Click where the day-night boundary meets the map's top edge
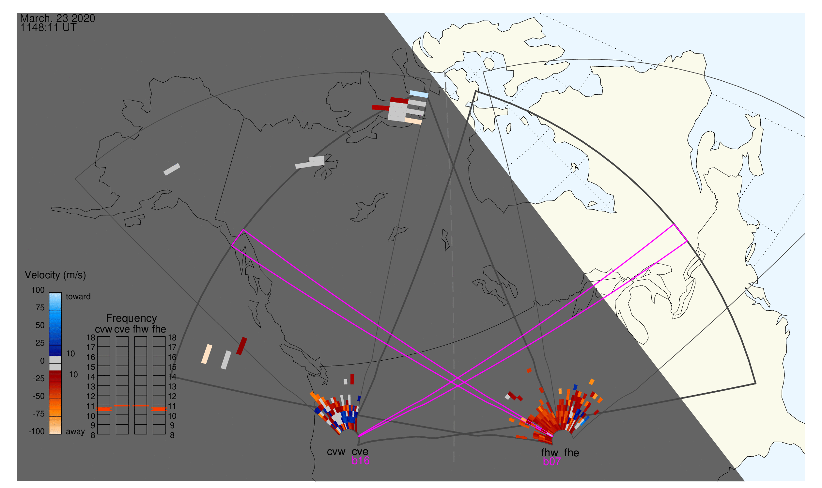click(x=384, y=13)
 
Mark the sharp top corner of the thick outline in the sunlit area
click(x=476, y=91)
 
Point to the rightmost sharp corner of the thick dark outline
click(x=756, y=383)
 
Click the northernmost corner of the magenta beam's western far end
click(x=243, y=230)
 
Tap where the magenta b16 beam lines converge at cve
click(x=359, y=436)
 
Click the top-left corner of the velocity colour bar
click(x=49, y=293)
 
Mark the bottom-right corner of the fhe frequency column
click(x=165, y=434)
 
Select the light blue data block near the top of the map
click(x=419, y=94)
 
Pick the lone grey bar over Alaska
click(x=172, y=169)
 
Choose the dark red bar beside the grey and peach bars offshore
click(x=242, y=346)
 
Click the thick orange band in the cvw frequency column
click(x=104, y=409)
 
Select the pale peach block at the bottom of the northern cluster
click(x=413, y=121)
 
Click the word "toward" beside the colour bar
click(x=78, y=297)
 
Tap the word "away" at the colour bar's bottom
click(x=75, y=431)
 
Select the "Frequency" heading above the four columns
click(x=132, y=318)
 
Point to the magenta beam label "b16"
click(x=361, y=461)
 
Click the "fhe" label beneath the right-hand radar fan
click(x=572, y=453)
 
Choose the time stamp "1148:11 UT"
click(x=48, y=28)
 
